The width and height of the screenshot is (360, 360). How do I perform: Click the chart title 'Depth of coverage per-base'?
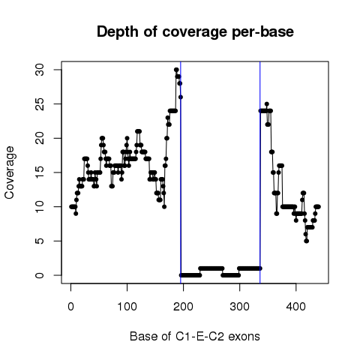[195, 31]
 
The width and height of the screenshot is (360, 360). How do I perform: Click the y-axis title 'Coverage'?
[9, 172]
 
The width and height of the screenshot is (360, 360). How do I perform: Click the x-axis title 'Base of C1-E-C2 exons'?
[195, 336]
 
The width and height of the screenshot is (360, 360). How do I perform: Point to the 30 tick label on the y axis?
[40, 70]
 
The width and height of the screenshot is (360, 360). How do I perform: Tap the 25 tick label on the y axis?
[40, 104]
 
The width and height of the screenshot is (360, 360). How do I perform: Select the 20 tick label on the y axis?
[40, 138]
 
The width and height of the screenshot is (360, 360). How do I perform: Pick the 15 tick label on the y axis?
[40, 172]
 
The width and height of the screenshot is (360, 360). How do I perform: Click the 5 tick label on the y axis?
[40, 241]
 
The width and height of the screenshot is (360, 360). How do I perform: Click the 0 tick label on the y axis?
[40, 275]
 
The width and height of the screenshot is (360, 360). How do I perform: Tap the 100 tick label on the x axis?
[127, 307]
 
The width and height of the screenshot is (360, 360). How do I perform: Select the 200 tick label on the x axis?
[183, 307]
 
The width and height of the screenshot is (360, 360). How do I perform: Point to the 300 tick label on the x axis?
[239, 307]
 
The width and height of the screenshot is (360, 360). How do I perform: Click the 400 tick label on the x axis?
[296, 307]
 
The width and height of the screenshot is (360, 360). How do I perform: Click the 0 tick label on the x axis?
[70, 307]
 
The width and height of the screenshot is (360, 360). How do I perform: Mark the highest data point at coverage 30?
[176, 70]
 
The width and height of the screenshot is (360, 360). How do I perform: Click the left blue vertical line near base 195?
[181, 172]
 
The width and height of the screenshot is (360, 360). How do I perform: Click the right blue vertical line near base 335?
[260, 172]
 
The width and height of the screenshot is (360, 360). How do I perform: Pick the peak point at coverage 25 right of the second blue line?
[267, 104]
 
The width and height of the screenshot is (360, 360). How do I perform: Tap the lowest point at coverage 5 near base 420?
[307, 241]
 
